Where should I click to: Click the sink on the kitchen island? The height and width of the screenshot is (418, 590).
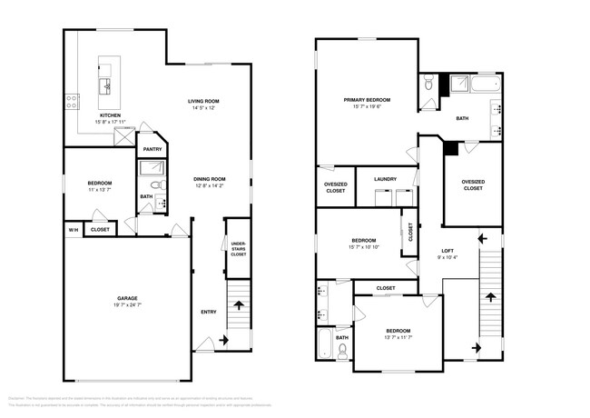point(106,85)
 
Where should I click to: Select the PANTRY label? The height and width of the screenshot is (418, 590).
point(152,148)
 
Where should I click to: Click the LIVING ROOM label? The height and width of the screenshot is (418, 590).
point(204,101)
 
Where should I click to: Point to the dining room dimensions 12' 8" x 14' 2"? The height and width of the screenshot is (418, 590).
point(209,186)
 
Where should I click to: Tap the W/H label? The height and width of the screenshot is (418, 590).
point(73,230)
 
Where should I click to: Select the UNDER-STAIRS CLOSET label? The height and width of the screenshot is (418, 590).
point(238,250)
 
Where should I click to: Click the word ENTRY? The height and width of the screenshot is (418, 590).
point(208,312)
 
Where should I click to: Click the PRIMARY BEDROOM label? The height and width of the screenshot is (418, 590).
point(366,99)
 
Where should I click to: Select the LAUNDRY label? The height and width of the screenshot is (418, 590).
point(385,179)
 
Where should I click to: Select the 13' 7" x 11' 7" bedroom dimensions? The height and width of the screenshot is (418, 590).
point(398,337)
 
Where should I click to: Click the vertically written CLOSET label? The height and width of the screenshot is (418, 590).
point(410,232)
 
